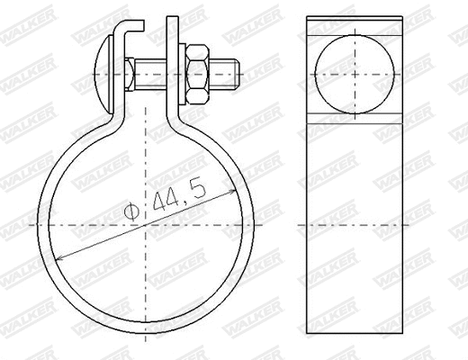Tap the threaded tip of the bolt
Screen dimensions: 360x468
point(230,71)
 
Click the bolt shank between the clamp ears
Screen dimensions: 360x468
point(153,71)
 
